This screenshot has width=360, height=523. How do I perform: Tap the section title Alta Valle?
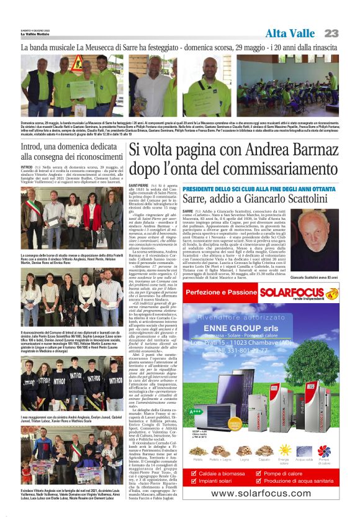pyautogui.click(x=291, y=33)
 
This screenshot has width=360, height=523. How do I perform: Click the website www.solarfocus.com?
pyautogui.click(x=269, y=494)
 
